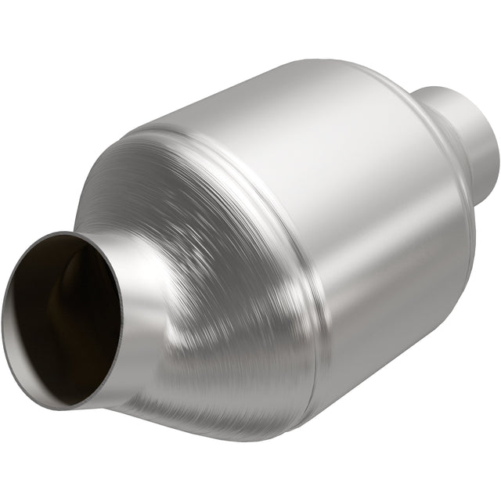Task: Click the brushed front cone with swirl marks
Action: coord(196,235)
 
